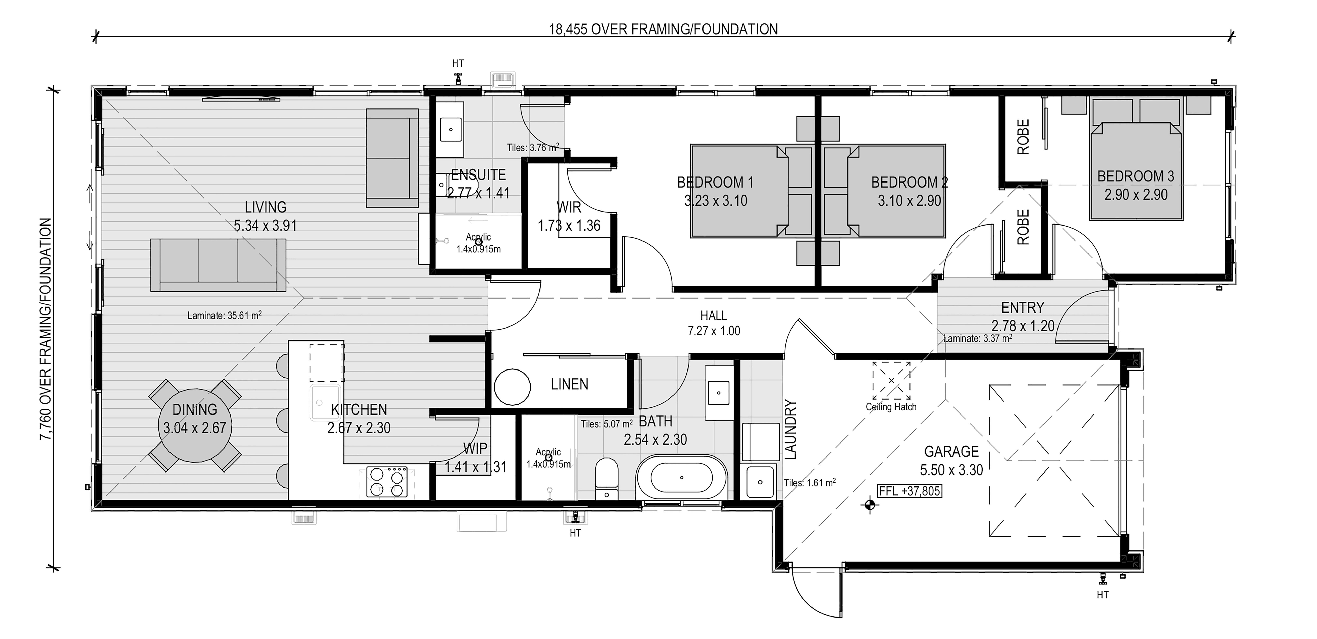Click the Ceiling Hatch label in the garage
pos(891,407)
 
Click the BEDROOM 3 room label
pos(1136,176)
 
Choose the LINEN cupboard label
pos(569,384)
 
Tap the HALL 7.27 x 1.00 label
pos(714,323)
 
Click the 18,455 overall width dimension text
pos(663,29)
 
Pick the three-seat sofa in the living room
pos(218,265)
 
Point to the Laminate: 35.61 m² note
pos(224,315)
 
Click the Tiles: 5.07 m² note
pos(607,424)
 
